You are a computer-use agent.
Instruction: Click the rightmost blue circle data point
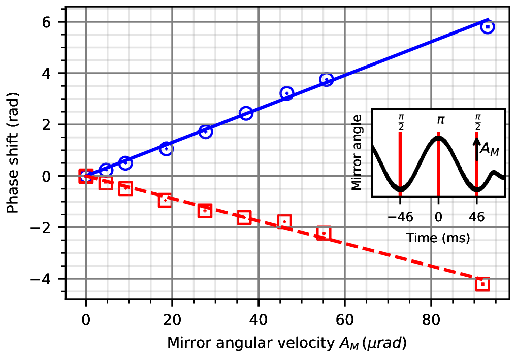pyautogui.click(x=487, y=26)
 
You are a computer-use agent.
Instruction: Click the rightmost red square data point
pyautogui.click(x=482, y=284)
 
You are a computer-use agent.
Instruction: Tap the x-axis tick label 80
pyautogui.click(x=431, y=321)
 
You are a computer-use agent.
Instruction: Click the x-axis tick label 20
pyautogui.click(x=172, y=321)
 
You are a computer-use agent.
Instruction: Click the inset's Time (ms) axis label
pyautogui.click(x=438, y=237)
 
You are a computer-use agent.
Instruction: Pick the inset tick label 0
pyautogui.click(x=438, y=217)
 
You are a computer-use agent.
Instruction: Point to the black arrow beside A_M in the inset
pyautogui.click(x=477, y=150)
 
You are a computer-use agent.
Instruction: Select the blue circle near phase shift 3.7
pyautogui.click(x=326, y=79)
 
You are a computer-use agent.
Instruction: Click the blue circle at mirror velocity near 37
pyautogui.click(x=246, y=113)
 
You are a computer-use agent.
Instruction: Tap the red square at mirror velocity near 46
pyautogui.click(x=284, y=221)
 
